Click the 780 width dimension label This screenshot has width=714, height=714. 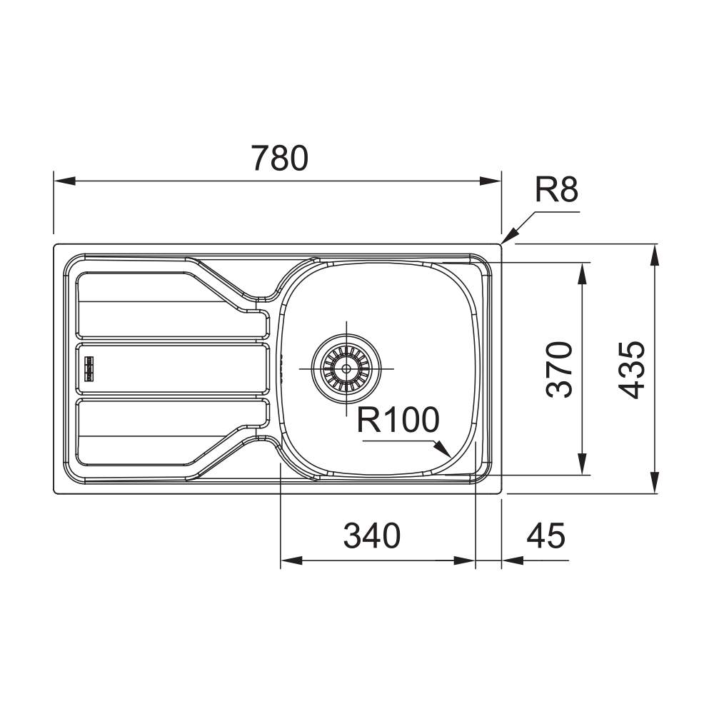point(280,158)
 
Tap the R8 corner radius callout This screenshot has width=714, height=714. point(556,189)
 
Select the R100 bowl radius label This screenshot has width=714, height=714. point(398,420)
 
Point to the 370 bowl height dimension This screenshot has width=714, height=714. point(559,369)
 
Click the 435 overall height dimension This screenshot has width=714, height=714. point(632,369)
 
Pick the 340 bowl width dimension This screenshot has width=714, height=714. point(371,535)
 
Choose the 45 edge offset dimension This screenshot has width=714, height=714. point(545,535)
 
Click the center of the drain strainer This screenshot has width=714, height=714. point(346,368)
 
